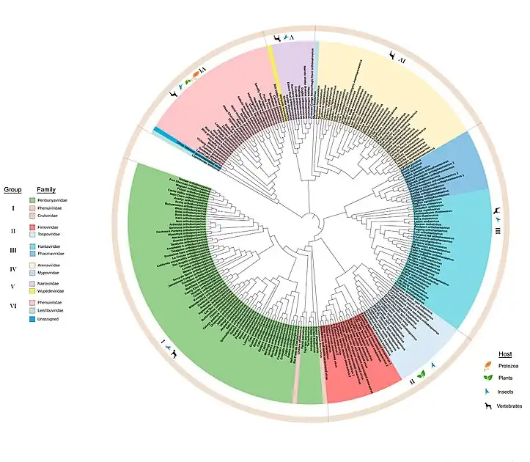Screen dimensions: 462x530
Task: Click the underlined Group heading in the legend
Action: pyautogui.click(x=12, y=189)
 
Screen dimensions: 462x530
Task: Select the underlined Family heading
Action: pyautogui.click(x=46, y=189)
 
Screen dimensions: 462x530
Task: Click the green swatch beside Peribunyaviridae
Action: pyautogui.click(x=32, y=200)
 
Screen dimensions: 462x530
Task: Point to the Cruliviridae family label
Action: pyautogui.click(x=48, y=216)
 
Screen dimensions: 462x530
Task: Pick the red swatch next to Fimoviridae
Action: pyautogui.click(x=32, y=228)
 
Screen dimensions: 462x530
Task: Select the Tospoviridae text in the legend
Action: pyautogui.click(x=50, y=235)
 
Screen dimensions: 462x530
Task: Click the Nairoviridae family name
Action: pyautogui.click(x=49, y=283)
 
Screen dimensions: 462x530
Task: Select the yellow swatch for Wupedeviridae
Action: pyautogui.click(x=32, y=290)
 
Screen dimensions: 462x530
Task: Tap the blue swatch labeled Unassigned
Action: pyautogui.click(x=32, y=319)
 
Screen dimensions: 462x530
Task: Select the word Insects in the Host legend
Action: pyautogui.click(x=505, y=392)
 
